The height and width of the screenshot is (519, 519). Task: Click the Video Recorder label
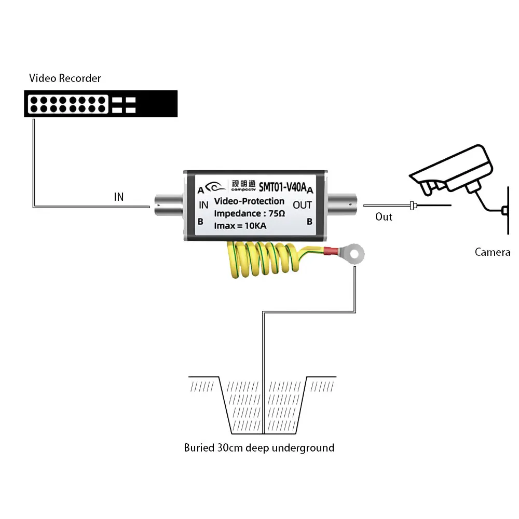coord(65,78)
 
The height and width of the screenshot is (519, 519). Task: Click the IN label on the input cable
coord(119,197)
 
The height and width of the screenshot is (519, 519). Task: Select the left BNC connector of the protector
coord(167,206)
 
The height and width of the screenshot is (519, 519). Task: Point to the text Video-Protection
coord(249,201)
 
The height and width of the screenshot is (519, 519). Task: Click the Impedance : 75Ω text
coord(249,213)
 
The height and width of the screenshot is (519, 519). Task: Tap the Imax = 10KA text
coord(241,225)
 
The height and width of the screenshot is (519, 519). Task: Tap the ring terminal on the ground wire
coord(354,254)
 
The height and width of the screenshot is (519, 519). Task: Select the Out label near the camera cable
coord(384,216)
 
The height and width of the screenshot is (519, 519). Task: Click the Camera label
coord(493,252)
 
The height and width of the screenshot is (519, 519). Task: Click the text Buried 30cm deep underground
coord(259,447)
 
